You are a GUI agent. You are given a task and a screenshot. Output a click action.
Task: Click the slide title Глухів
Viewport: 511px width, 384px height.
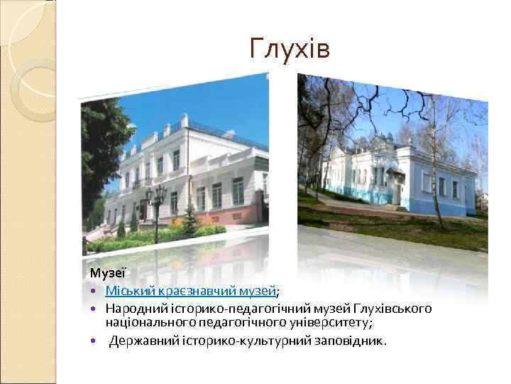(x=290, y=48)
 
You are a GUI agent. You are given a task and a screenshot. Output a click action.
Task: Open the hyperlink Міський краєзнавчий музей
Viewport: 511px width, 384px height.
(x=190, y=290)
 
